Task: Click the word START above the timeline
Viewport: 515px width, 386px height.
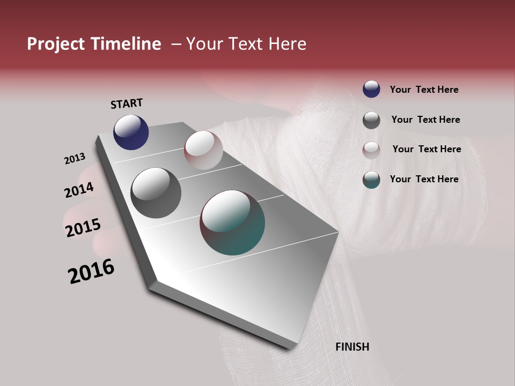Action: pyautogui.click(x=127, y=103)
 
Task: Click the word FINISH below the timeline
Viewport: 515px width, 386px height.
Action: pyautogui.click(x=352, y=347)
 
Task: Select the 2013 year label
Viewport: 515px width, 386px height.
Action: pyautogui.click(x=75, y=159)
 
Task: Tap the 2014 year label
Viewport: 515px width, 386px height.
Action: pyautogui.click(x=79, y=190)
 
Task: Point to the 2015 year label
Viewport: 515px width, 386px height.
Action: pyautogui.click(x=83, y=228)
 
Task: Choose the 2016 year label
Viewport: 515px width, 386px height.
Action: pyautogui.click(x=91, y=271)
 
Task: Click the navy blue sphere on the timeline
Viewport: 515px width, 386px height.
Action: pyautogui.click(x=131, y=132)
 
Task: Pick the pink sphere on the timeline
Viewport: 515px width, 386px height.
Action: pyautogui.click(x=203, y=150)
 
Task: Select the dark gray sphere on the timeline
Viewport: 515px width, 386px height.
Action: pyautogui.click(x=156, y=192)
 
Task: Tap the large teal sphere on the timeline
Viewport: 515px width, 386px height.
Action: pyautogui.click(x=232, y=222)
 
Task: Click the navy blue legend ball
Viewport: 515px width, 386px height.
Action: pyautogui.click(x=371, y=89)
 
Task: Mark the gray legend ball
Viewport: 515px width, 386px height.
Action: pyautogui.click(x=371, y=120)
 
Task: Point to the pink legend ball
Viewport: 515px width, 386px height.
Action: pyautogui.click(x=371, y=150)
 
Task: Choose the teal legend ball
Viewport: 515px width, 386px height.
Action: pyautogui.click(x=371, y=180)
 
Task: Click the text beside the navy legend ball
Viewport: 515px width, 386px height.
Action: pyautogui.click(x=424, y=90)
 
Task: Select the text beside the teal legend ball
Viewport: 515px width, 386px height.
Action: pyautogui.click(x=424, y=179)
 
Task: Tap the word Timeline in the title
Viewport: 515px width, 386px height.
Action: pyautogui.click(x=126, y=44)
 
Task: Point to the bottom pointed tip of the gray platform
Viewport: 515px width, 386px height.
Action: pyautogui.click(x=290, y=348)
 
